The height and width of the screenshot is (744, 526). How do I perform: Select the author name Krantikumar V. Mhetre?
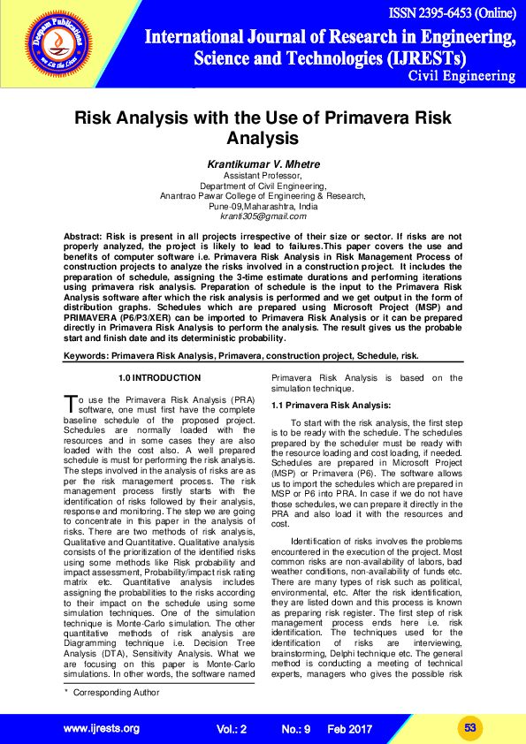[x=263, y=165]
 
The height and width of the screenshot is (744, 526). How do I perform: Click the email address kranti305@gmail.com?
[x=263, y=216]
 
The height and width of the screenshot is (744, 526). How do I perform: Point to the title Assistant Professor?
[x=263, y=177]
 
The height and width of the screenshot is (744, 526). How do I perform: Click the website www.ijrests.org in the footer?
[x=102, y=728]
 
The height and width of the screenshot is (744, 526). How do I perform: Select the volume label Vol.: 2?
[x=232, y=729]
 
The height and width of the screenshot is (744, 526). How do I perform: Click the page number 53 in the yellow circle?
[x=470, y=727]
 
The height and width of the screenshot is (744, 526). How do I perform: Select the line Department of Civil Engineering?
[x=263, y=186]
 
